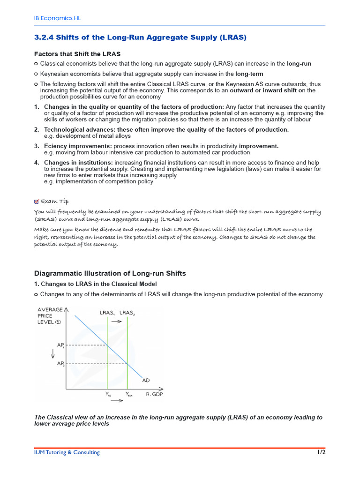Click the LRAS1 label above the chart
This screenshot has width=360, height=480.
[107, 312]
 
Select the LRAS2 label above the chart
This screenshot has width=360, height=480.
[127, 312]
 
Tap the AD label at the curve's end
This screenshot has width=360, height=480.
[146, 380]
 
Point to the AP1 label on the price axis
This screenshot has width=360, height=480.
[60, 345]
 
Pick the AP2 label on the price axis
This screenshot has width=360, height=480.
[60, 364]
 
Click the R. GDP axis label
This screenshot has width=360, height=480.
[154, 394]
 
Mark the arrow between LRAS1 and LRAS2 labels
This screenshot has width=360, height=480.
[117, 322]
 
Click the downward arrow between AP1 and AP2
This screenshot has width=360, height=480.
[59, 354]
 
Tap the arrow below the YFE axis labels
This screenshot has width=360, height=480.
[117, 402]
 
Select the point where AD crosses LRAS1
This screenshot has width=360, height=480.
[107, 345]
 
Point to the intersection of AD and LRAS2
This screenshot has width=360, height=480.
[127, 363]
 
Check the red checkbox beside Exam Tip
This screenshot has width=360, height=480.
[37, 202]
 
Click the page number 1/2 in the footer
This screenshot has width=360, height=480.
[321, 452]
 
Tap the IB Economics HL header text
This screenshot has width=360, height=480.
[54, 18]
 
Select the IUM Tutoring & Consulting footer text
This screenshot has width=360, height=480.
[67, 452]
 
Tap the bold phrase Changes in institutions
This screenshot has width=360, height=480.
[78, 163]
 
